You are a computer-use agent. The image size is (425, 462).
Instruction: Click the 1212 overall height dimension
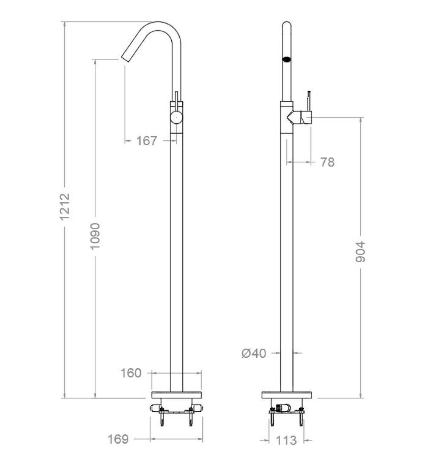click(x=65, y=206)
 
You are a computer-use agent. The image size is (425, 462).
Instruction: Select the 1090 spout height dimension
click(x=95, y=236)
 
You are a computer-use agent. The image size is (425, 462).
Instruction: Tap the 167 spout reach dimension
click(x=147, y=141)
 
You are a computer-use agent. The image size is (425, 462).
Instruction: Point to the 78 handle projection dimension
click(x=327, y=162)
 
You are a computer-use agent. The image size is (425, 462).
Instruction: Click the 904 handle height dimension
click(x=360, y=252)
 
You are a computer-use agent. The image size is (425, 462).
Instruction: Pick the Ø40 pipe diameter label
click(x=254, y=353)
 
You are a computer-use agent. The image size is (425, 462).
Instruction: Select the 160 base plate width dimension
click(x=131, y=373)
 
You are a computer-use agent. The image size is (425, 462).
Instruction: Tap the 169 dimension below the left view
click(x=118, y=439)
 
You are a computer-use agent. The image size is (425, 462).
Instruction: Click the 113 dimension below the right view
click(x=286, y=441)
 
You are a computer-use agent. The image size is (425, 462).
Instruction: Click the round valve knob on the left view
click(x=176, y=118)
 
